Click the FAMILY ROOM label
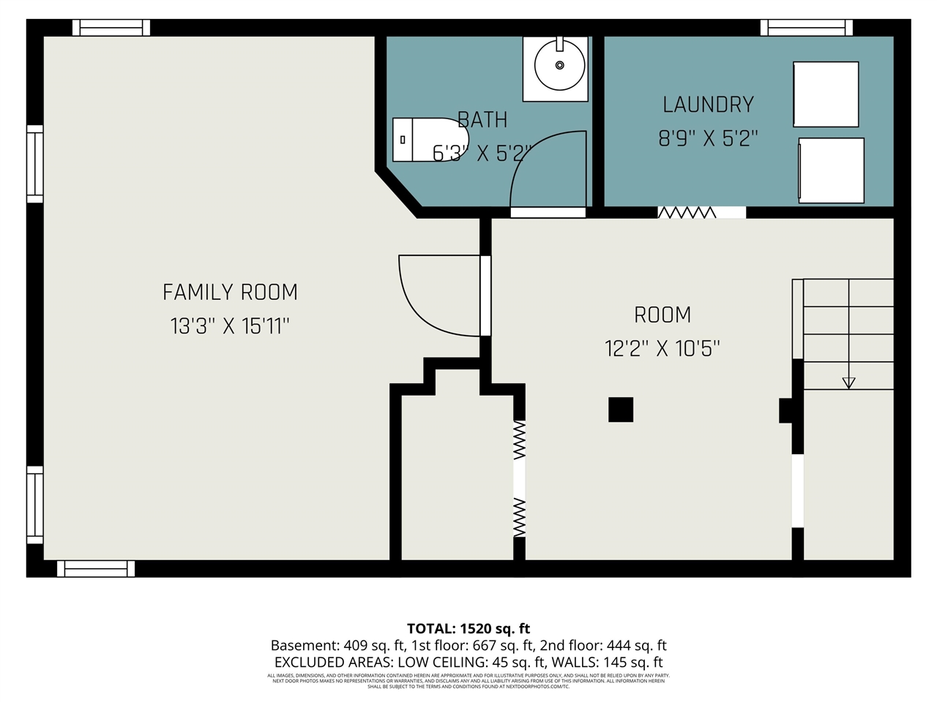(x=230, y=292)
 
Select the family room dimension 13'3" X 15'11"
(x=230, y=326)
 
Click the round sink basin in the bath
(x=559, y=65)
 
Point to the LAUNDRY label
(x=708, y=105)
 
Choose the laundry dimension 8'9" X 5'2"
(x=708, y=138)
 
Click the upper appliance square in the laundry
(x=826, y=94)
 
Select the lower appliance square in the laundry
(x=831, y=170)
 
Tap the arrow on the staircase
(x=848, y=382)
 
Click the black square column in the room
(x=621, y=409)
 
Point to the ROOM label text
(x=662, y=315)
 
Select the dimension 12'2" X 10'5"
(x=662, y=349)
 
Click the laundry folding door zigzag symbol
(x=687, y=212)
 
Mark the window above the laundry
(x=806, y=28)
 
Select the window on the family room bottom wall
(x=96, y=568)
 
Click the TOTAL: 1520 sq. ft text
(x=468, y=628)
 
